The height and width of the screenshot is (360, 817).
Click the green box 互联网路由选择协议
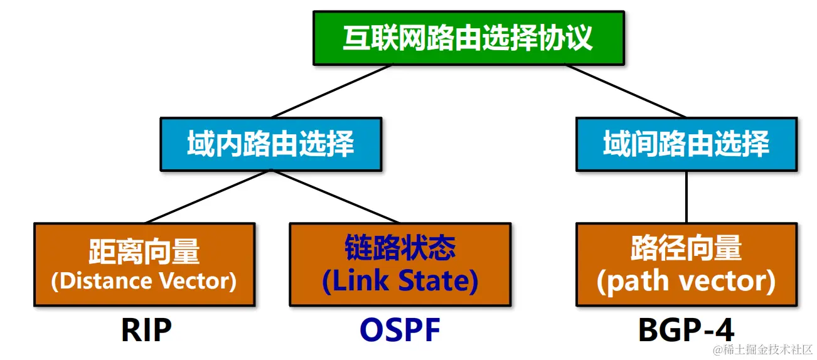click(x=468, y=38)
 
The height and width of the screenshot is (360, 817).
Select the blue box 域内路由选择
click(x=270, y=144)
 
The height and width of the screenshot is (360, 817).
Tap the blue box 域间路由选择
click(x=686, y=144)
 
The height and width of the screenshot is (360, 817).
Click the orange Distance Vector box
click(x=144, y=265)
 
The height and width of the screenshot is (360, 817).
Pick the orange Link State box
click(x=400, y=265)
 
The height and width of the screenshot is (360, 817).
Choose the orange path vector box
click(x=686, y=265)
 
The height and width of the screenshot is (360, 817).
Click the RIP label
click(x=146, y=330)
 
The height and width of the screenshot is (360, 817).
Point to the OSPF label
click(x=400, y=330)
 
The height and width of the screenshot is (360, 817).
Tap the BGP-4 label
click(x=686, y=330)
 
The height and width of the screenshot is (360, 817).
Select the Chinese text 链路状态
click(x=400, y=249)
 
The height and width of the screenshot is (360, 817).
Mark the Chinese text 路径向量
click(x=686, y=249)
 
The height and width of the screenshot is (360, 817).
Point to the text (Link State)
click(x=400, y=281)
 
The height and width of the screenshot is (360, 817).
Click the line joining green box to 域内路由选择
click(x=333, y=92)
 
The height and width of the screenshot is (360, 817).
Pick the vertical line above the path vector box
click(x=686, y=196)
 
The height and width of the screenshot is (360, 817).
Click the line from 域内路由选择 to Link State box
click(x=336, y=196)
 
